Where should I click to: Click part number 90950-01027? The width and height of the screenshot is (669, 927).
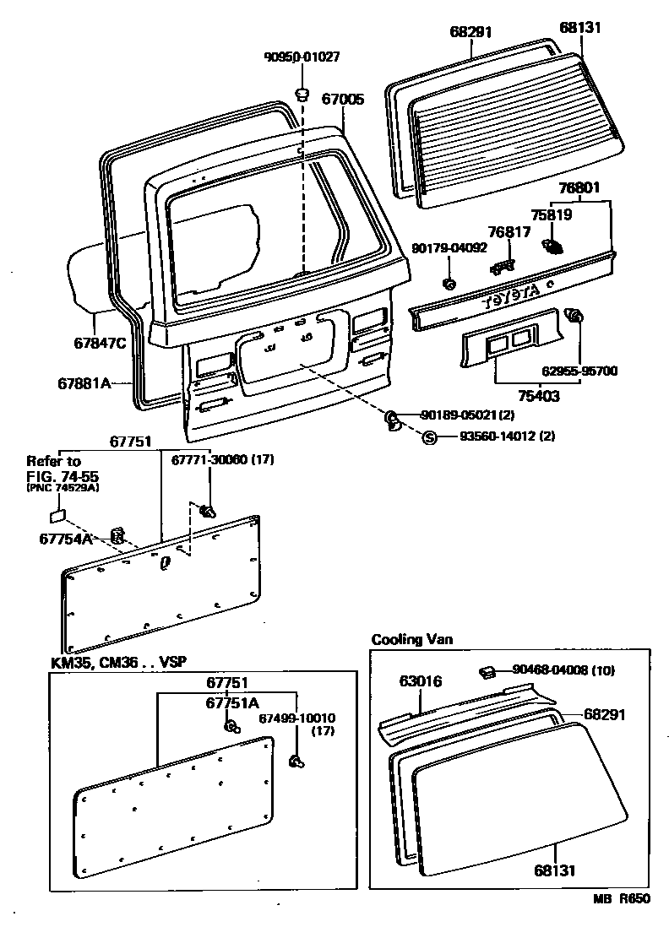(x=302, y=57)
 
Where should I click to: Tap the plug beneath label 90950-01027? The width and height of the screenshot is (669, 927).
(x=302, y=91)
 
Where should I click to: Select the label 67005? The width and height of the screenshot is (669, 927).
(x=343, y=99)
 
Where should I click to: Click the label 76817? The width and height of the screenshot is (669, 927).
(x=509, y=231)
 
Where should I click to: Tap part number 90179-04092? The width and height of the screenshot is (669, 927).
(x=449, y=248)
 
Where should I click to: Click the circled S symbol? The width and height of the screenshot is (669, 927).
(x=428, y=436)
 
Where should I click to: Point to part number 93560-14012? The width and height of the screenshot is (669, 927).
(x=497, y=436)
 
